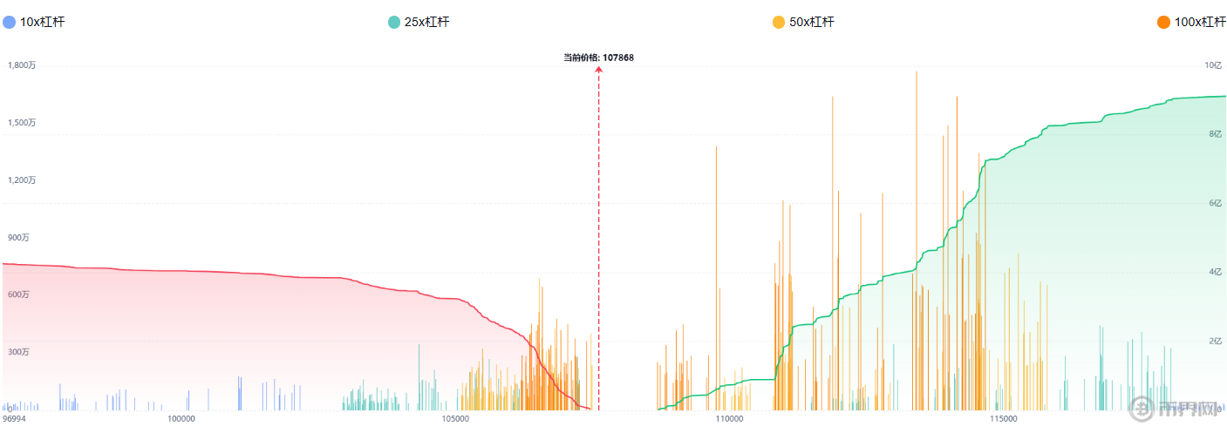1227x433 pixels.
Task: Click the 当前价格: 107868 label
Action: click(x=598, y=58)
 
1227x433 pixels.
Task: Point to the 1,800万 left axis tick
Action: click(x=22, y=65)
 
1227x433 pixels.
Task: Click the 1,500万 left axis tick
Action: click(x=22, y=123)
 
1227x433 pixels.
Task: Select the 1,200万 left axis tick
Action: click(x=22, y=180)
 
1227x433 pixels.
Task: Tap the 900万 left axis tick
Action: click(x=19, y=238)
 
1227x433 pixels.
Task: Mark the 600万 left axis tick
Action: click(x=19, y=295)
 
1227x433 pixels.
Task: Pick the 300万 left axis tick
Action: click(x=19, y=352)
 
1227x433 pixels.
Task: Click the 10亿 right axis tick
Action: click(x=1213, y=65)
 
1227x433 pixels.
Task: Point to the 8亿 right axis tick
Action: click(x=1216, y=134)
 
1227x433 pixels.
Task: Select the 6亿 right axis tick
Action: click(x=1216, y=203)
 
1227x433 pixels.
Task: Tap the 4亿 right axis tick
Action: click(x=1216, y=272)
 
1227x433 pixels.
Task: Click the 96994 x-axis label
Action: click(x=14, y=419)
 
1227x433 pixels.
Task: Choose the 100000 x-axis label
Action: click(x=181, y=419)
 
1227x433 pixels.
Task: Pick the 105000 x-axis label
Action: click(x=456, y=419)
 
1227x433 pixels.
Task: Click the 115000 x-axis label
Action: click(x=1004, y=419)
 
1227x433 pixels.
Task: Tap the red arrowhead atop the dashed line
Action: click(x=599, y=70)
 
